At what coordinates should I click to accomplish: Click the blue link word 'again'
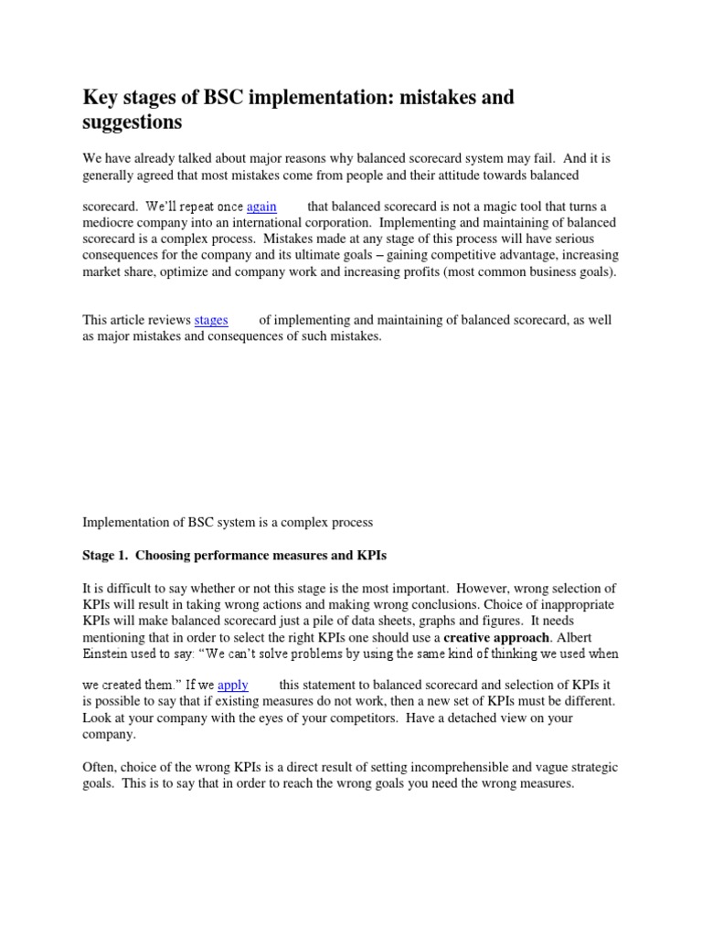[x=261, y=207]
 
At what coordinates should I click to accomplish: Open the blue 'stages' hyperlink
[x=210, y=320]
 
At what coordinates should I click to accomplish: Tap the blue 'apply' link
[x=232, y=684]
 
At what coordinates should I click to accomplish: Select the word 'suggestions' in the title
[x=133, y=122]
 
